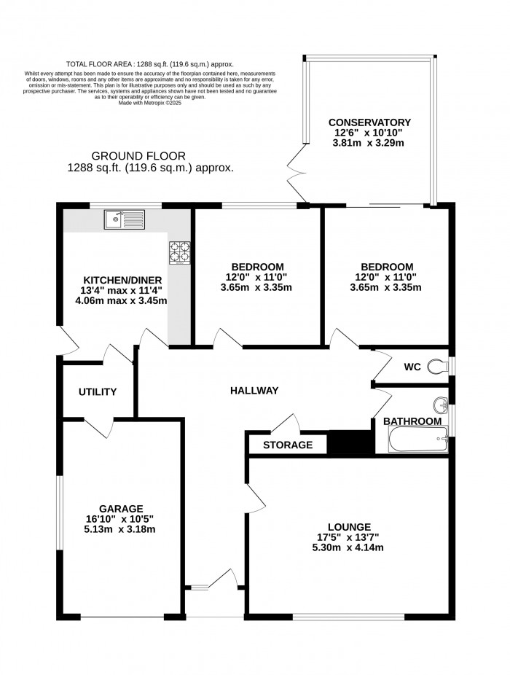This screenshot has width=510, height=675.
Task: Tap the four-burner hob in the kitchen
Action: [x=179, y=251]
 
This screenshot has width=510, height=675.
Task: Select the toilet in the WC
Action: [x=438, y=365]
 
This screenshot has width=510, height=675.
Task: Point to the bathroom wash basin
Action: [x=440, y=406]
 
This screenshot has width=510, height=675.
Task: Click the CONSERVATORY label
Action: [x=369, y=122]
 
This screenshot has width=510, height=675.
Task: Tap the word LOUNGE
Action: [x=349, y=527]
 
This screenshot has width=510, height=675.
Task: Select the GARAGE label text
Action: [x=122, y=508]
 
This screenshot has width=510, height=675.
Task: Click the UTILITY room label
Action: [x=98, y=392]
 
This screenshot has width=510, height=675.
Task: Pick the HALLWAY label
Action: [x=254, y=391]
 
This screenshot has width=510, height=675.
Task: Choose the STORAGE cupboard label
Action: [x=288, y=445]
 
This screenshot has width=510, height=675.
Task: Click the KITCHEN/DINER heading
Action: [x=122, y=281]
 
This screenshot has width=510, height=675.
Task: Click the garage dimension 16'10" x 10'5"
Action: [x=122, y=519]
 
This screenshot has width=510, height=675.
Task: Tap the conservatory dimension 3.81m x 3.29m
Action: [x=369, y=144]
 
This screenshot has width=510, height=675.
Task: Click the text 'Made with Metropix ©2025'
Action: [x=149, y=104]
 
